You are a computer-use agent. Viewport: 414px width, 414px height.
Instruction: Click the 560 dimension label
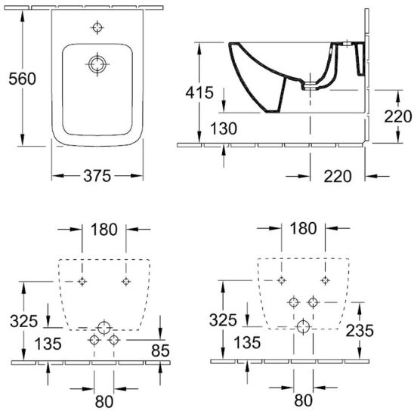coord(22,79)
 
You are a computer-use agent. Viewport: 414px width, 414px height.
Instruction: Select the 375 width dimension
coord(97,176)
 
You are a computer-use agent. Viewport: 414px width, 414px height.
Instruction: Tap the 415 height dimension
coord(199,92)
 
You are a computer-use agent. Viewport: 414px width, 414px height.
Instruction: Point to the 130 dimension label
coord(224,128)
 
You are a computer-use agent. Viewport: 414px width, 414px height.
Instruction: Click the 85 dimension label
coord(160,351)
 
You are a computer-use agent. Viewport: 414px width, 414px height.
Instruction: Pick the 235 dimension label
coord(360,330)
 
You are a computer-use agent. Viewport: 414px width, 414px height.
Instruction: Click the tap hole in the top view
coord(97,27)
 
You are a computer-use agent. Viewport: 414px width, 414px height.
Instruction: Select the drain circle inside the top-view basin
coord(97,64)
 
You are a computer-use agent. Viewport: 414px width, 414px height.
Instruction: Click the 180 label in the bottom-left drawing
coord(103,229)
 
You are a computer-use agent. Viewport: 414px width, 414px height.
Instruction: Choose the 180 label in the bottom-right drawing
coord(303,228)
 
